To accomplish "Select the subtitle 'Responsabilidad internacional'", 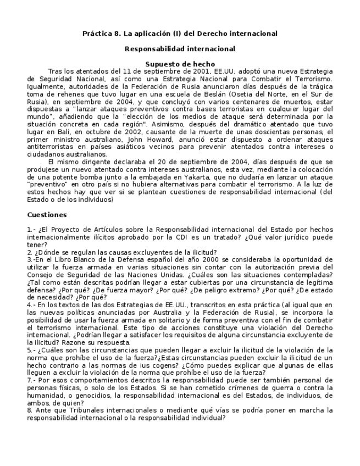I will tap(180, 49).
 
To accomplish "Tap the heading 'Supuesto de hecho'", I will tap(180, 64).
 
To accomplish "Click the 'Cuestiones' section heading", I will tap(47, 215).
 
